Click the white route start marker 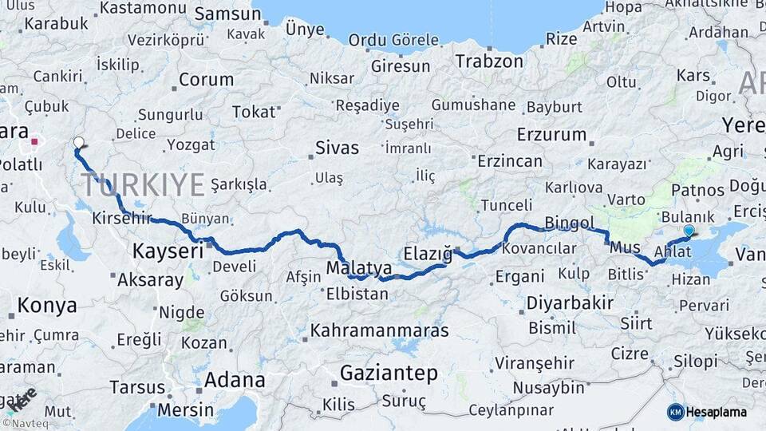[x=78, y=143]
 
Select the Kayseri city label [x=168, y=251]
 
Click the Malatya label [x=359, y=267]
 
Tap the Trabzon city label [x=489, y=61]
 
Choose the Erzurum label [x=551, y=134]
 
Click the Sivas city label [x=337, y=148]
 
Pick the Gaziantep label [x=389, y=373]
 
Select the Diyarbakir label [x=570, y=303]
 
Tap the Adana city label [x=235, y=379]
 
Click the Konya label [x=47, y=305]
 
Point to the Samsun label [x=227, y=14]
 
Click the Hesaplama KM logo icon [x=676, y=412]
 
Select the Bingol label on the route [x=570, y=222]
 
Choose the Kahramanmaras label [x=380, y=330]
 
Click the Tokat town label [x=254, y=112]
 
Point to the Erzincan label [x=510, y=161]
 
